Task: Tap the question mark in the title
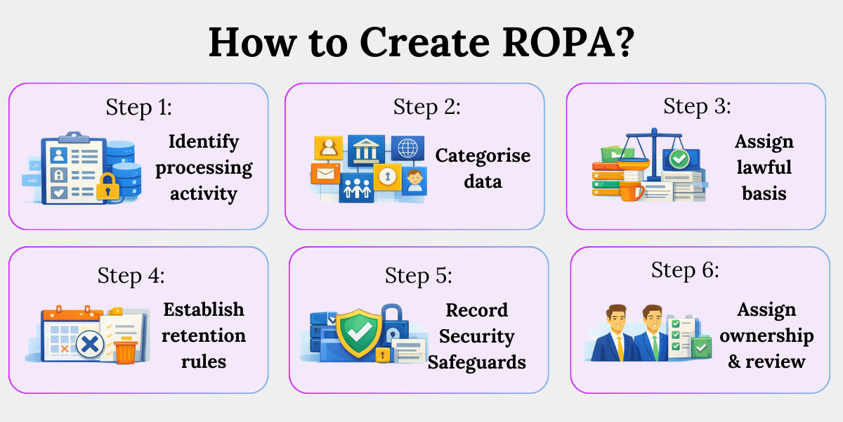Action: click(625, 42)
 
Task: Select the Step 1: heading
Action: click(139, 108)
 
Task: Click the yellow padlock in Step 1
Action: click(107, 186)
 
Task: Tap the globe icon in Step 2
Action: click(407, 147)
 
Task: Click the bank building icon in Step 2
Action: click(366, 150)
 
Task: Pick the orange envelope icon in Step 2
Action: click(325, 174)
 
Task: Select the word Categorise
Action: click(483, 155)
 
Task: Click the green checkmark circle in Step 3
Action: click(679, 159)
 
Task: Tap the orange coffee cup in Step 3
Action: click(631, 191)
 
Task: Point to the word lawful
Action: click(764, 167)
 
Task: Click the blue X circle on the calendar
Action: click(90, 344)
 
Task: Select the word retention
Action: click(204, 335)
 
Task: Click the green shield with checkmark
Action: click(358, 332)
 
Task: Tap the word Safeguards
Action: click(477, 362)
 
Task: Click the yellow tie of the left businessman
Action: click(620, 348)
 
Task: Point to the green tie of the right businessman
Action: click(655, 348)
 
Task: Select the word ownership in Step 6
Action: click(766, 336)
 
